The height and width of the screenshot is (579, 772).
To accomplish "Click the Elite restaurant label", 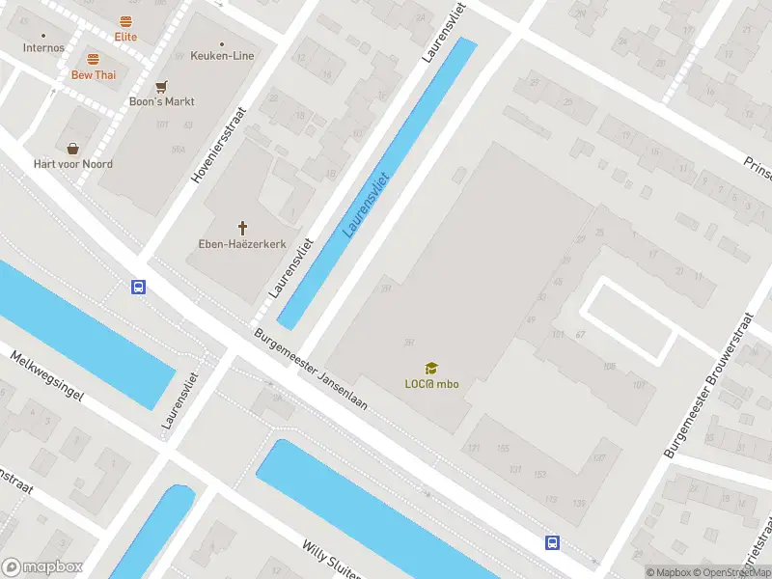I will tap(125, 37).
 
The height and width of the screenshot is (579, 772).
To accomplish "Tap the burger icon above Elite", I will tap(125, 21).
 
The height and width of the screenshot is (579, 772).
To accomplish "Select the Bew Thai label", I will tap(93, 74).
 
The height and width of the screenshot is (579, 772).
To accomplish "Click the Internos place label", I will tap(43, 47).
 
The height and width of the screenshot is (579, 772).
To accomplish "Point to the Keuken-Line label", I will tap(223, 56).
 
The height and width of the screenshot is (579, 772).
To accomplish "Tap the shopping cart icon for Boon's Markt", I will tap(162, 86).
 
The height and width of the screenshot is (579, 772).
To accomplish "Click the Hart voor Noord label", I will tap(73, 164).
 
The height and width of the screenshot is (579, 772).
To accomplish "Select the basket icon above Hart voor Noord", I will tap(73, 149).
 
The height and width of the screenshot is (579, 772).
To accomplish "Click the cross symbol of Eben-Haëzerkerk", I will tap(242, 228).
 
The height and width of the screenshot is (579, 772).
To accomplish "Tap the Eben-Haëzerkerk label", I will tap(241, 243).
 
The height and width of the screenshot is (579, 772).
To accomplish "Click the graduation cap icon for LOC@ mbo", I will tap(431, 368).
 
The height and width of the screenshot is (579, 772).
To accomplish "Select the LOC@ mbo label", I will tap(431, 384).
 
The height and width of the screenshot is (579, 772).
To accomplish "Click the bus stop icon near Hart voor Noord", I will tap(139, 287).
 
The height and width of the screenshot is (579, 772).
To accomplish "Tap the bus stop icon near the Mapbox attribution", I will tap(552, 542).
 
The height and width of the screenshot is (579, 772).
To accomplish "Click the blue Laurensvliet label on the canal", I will tap(365, 205).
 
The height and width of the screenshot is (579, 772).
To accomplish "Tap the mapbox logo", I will tap(42, 567).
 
